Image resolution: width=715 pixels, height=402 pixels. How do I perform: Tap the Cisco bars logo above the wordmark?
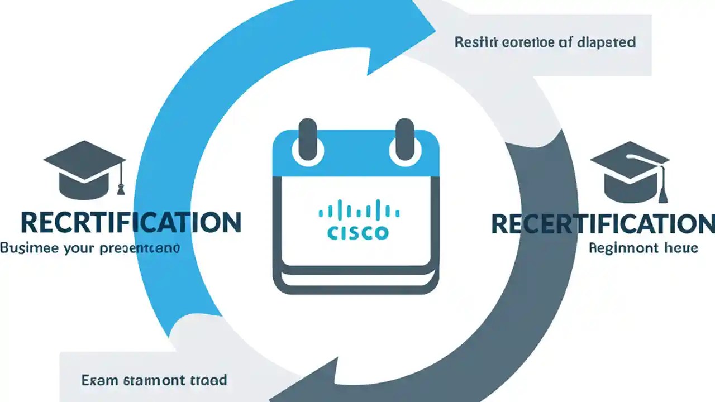click(x=359, y=210)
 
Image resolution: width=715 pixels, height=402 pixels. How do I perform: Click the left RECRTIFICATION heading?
click(x=131, y=222)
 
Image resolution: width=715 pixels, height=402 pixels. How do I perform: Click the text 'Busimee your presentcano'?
click(x=89, y=248)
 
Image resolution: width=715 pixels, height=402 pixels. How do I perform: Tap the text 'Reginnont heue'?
click(x=643, y=248)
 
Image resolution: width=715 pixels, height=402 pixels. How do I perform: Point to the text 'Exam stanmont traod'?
click(x=154, y=381)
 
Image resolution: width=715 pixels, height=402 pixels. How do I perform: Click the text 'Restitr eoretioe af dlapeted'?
click(x=545, y=42)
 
